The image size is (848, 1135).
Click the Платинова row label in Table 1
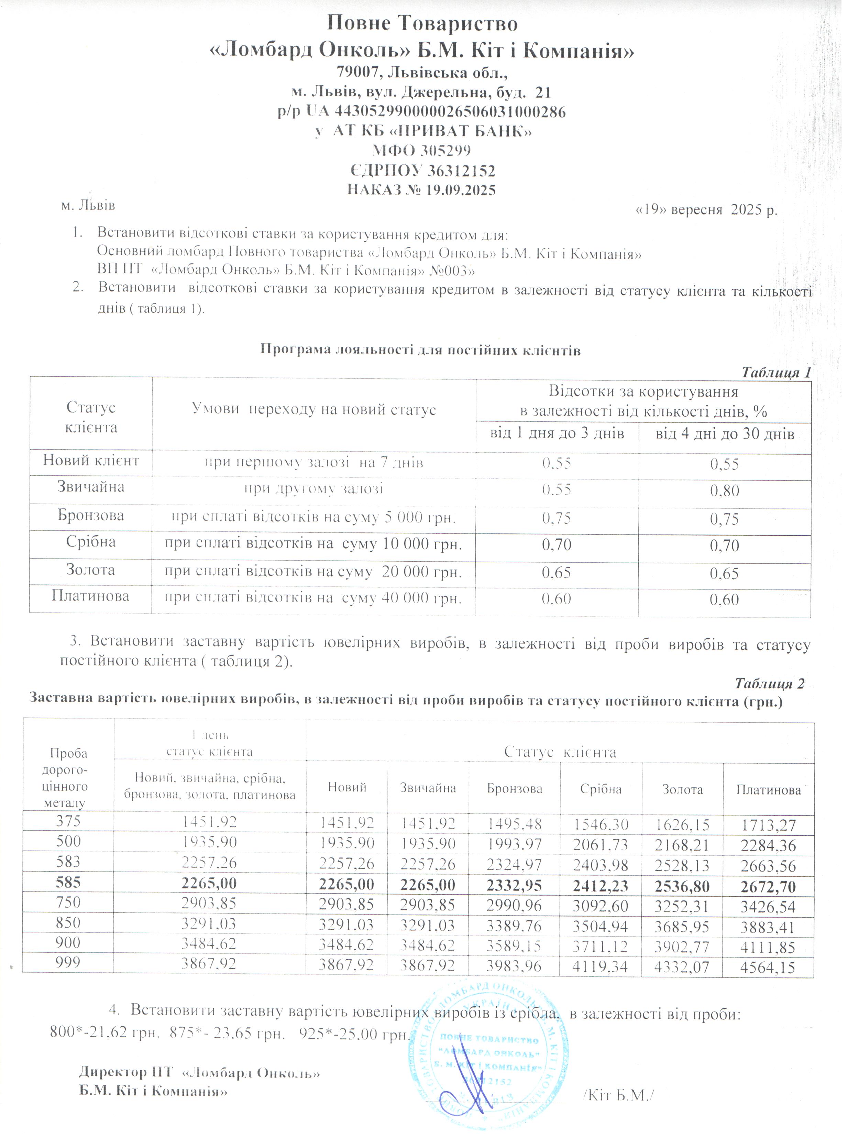[x=91, y=596]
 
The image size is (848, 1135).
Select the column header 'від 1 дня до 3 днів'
[x=557, y=434]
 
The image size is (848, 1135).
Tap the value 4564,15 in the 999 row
[x=768, y=968]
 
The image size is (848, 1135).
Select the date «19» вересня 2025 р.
[x=706, y=210]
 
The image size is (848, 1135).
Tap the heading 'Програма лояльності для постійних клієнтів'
[x=420, y=351]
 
